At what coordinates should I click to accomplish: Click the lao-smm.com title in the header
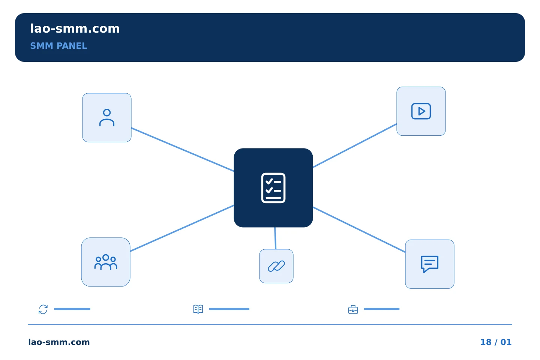[75, 28]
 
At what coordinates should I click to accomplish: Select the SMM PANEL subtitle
[58, 46]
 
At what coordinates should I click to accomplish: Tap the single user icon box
[107, 118]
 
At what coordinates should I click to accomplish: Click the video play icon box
[421, 111]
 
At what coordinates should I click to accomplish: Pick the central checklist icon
[273, 188]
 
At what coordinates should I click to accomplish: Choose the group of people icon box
[106, 262]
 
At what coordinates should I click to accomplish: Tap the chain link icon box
[276, 266]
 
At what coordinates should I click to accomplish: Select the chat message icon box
[430, 264]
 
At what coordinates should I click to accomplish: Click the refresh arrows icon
[43, 309]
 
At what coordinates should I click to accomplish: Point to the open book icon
[198, 309]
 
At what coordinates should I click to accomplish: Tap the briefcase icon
[353, 309]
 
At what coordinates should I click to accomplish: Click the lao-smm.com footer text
[59, 342]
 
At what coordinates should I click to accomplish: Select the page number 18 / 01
[496, 342]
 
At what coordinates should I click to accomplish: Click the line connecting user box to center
[183, 150]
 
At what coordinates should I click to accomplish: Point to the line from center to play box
[355, 145]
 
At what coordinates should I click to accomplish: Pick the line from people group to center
[182, 228]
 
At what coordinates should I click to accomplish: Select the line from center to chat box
[359, 229]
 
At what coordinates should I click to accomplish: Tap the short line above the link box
[275, 238]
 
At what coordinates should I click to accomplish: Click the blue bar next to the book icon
[229, 309]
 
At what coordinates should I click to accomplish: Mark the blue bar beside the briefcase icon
[382, 309]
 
